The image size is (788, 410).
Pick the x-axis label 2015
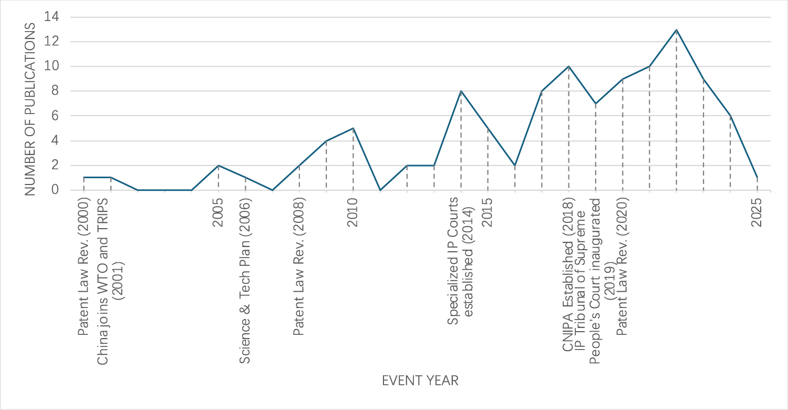pos(488,212)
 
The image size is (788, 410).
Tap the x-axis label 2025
pos(757,212)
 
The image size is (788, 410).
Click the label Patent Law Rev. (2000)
pos(84,267)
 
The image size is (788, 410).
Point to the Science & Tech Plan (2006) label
pos(245,281)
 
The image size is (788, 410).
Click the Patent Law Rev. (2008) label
pos(299,267)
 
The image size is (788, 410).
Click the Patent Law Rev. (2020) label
pos(623,267)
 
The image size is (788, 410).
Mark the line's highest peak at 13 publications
pos(676,29)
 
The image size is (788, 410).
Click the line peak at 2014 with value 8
pos(461,91)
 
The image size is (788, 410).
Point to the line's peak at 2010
pos(353,128)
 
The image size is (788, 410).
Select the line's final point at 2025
pos(757,178)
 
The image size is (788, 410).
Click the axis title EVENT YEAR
pos(420,381)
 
